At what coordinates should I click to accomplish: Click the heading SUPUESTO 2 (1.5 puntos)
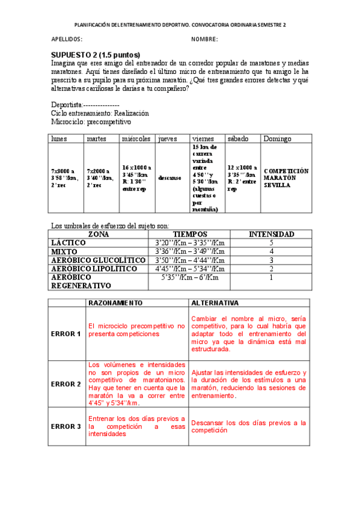click(x=96, y=54)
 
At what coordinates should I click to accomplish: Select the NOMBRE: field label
click(x=204, y=40)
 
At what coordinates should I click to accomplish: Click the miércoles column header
click(x=136, y=138)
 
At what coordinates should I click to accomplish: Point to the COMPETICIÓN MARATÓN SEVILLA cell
click(x=287, y=177)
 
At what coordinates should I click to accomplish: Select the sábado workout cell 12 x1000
click(x=242, y=177)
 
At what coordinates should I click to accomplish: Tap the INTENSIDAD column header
click(x=272, y=234)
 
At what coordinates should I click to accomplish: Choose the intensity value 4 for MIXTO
click(x=272, y=251)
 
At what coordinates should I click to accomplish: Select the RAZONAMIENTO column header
click(x=115, y=303)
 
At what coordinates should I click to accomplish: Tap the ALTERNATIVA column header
click(x=214, y=303)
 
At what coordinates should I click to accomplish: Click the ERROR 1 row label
click(x=66, y=334)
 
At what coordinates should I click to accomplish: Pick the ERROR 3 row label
click(x=66, y=426)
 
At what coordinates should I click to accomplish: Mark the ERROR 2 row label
click(x=66, y=384)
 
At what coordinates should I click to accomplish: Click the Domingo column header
click(x=277, y=138)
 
